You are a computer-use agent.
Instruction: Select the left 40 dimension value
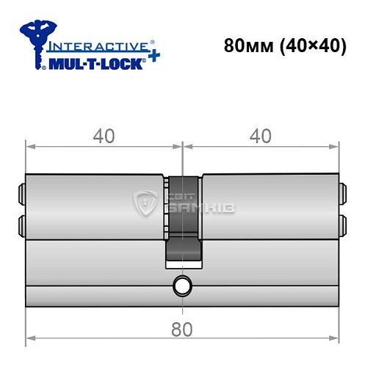(103, 137)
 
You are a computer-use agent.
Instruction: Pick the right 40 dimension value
(260, 137)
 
